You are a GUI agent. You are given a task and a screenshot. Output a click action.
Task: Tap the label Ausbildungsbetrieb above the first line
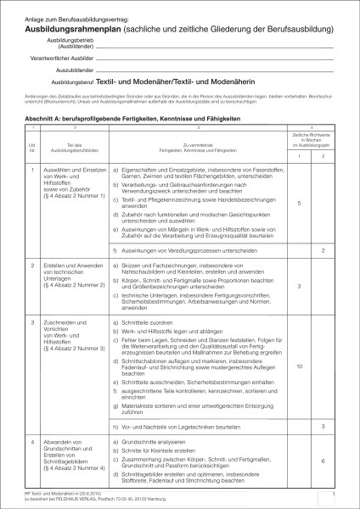point(68,39)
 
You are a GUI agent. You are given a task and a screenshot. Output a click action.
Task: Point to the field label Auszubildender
point(72,74)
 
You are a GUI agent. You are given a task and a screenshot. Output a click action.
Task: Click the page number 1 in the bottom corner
point(336,493)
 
